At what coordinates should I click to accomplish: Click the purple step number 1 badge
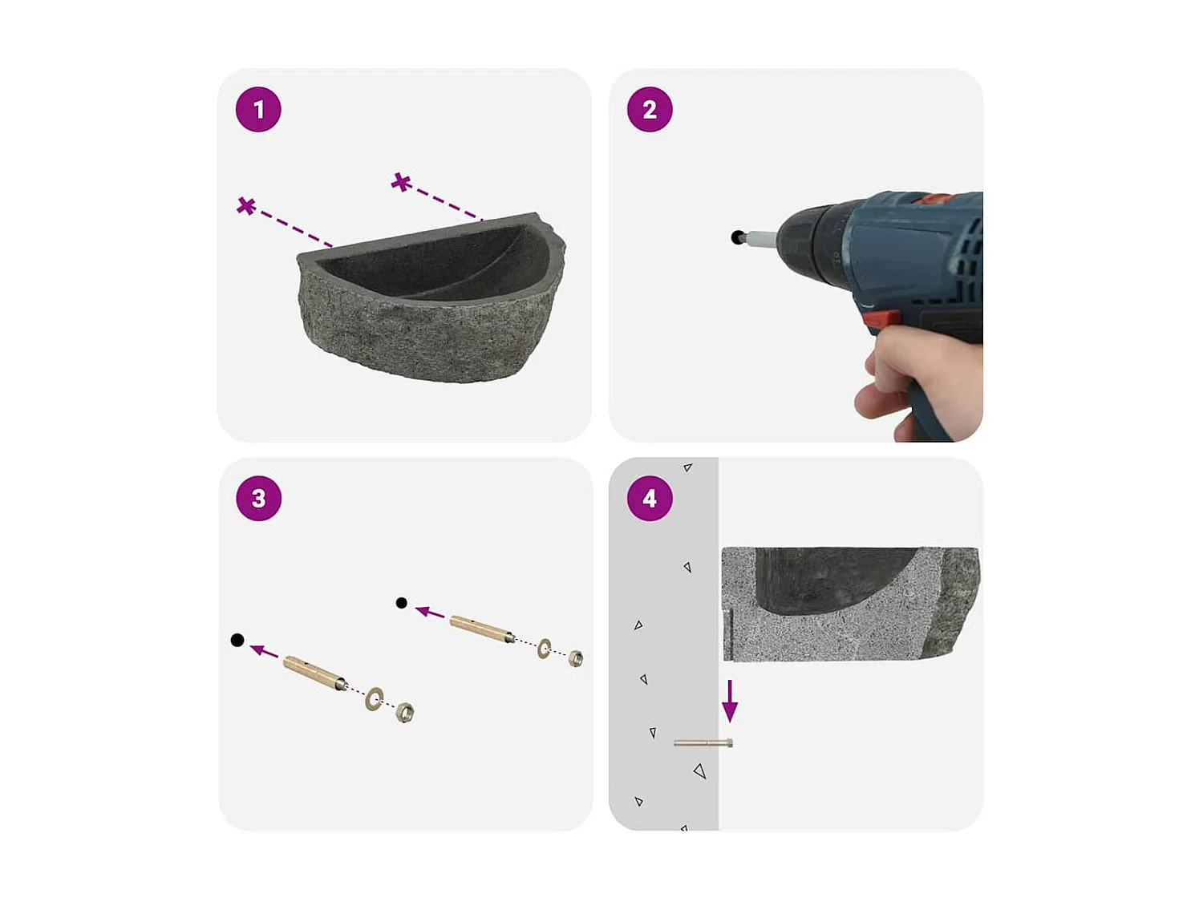click(258, 110)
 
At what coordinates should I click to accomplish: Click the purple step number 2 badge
click(650, 110)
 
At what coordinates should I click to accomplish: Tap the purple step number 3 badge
click(258, 499)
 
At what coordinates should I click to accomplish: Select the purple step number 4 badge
click(650, 499)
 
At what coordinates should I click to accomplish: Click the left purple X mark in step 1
click(246, 206)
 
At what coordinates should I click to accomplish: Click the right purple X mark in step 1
click(401, 183)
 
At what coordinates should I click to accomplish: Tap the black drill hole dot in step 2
click(737, 237)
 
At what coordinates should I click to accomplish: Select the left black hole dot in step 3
click(237, 640)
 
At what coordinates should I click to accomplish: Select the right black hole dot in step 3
click(402, 603)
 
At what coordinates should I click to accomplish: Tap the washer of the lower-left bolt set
click(374, 699)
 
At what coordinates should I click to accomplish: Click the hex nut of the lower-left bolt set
click(405, 712)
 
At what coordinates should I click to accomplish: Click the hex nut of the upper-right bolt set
click(575, 659)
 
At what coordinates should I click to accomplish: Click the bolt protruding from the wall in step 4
click(703, 743)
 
